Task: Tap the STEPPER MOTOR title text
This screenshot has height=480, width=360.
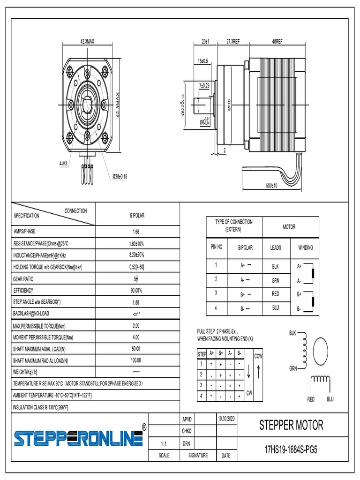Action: click(x=291, y=425)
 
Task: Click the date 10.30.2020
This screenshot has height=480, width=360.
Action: click(x=226, y=417)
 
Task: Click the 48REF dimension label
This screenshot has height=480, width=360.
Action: click(x=277, y=42)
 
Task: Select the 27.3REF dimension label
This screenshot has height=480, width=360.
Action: click(x=233, y=42)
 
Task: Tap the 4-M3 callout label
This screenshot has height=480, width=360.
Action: click(x=63, y=164)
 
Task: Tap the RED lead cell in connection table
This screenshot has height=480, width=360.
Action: click(x=275, y=294)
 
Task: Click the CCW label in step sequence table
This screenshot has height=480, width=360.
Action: click(x=258, y=357)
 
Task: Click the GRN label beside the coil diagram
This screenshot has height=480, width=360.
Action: click(x=293, y=369)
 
